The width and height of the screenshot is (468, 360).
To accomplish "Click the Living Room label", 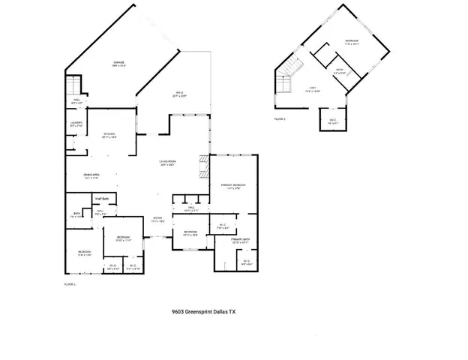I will (x=166, y=163).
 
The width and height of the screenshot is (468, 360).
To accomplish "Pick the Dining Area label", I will (x=91, y=176).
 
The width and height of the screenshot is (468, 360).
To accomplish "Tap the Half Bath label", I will (x=101, y=199).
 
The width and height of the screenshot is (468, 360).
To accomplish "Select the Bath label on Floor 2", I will (x=339, y=71).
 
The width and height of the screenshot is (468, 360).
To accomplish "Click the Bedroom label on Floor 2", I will (x=352, y=41).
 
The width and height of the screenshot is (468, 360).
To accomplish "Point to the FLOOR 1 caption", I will (x=70, y=284).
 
